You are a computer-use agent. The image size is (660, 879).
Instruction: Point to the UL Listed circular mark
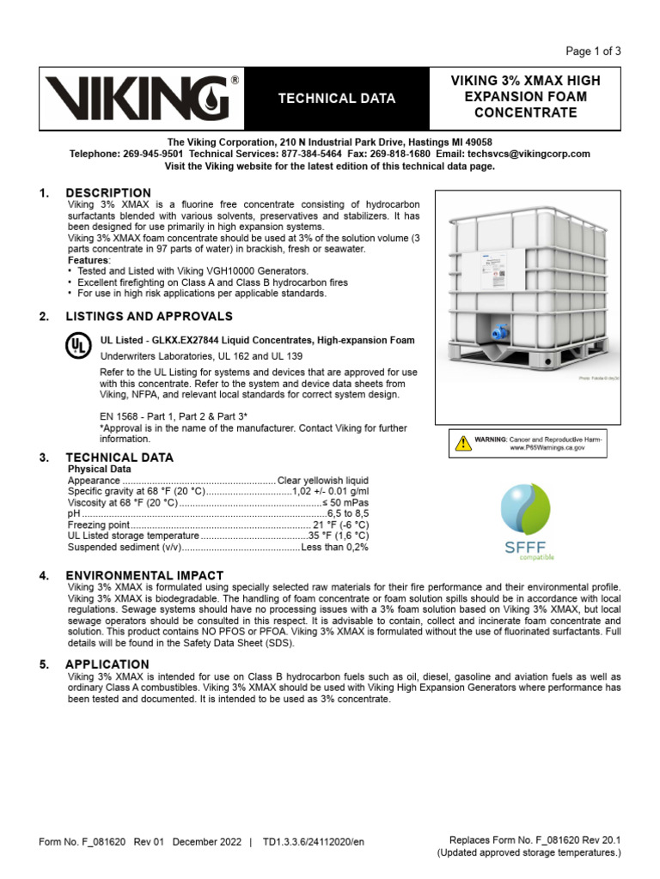point(77,345)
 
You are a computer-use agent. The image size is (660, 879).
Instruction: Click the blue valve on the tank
point(498,328)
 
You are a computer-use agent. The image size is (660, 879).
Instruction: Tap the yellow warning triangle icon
point(462,443)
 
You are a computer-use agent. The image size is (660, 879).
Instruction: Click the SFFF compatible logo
point(525,520)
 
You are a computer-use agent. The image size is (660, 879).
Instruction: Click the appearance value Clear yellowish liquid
point(322,481)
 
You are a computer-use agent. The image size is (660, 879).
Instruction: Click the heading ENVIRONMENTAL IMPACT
point(144,575)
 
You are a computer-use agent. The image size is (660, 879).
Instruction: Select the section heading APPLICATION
point(107,664)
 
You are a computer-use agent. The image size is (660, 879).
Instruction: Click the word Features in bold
point(89,260)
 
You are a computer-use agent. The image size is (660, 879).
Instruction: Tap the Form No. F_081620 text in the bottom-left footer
point(85,842)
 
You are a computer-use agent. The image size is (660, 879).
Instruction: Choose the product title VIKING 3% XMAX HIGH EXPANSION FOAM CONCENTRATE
point(525,97)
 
